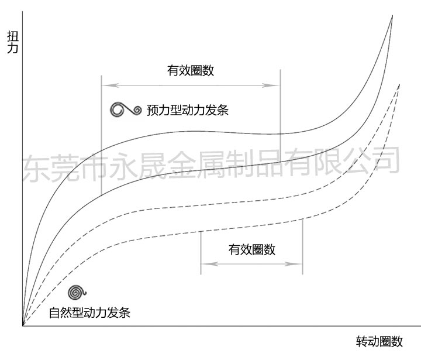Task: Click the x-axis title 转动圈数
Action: click(379, 341)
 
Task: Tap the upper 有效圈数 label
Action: click(191, 71)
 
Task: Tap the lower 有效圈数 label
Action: click(252, 249)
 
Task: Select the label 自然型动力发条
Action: click(89, 312)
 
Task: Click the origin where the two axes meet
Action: click(23, 325)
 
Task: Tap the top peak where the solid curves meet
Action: click(392, 16)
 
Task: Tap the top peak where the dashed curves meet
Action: click(399, 85)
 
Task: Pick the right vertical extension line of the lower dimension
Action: click(302, 246)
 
